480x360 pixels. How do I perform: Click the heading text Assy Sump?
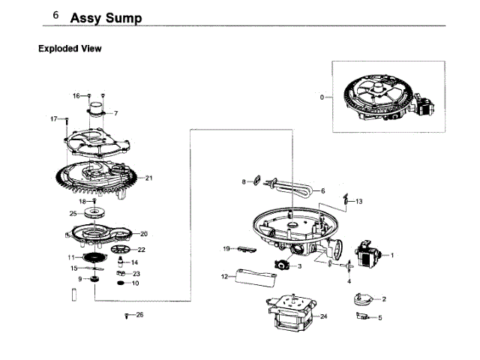click(x=106, y=17)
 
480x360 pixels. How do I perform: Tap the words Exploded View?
click(x=70, y=49)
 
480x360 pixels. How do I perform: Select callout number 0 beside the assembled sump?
click(x=322, y=97)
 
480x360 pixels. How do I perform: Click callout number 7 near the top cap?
click(x=115, y=113)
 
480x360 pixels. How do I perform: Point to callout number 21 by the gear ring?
click(x=148, y=178)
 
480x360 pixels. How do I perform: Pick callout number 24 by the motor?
click(x=324, y=316)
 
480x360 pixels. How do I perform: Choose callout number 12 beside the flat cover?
click(x=223, y=277)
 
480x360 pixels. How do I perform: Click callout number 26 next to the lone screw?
click(x=139, y=314)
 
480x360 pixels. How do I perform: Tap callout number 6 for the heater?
click(x=322, y=190)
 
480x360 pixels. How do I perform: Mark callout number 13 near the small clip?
click(x=358, y=201)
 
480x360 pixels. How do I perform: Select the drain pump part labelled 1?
click(x=369, y=255)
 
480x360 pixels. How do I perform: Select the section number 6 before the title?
click(x=55, y=15)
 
